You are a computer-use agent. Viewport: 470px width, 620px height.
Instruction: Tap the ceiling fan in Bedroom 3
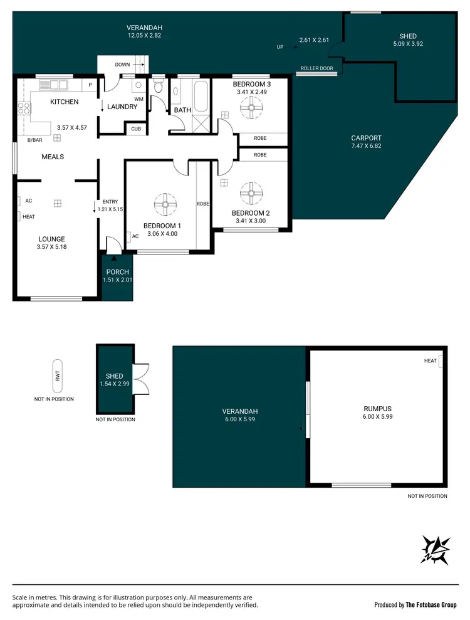point(251,108)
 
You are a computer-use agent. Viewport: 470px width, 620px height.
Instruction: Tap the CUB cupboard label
point(136,129)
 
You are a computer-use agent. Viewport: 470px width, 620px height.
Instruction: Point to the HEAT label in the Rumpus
point(430,360)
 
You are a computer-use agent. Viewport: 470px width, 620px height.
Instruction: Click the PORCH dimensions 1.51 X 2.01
point(117,280)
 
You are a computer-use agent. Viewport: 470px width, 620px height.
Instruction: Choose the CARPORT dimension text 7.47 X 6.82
point(367,146)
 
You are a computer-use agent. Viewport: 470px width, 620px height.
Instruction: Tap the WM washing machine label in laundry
point(138,99)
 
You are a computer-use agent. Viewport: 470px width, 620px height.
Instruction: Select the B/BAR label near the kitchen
point(34,140)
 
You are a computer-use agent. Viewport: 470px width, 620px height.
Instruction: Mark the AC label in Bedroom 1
point(135,236)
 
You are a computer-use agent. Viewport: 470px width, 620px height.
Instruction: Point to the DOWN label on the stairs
point(122,65)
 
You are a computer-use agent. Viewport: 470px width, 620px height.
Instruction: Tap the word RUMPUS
point(377,408)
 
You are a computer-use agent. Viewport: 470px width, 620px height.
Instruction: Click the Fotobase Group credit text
point(415,604)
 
